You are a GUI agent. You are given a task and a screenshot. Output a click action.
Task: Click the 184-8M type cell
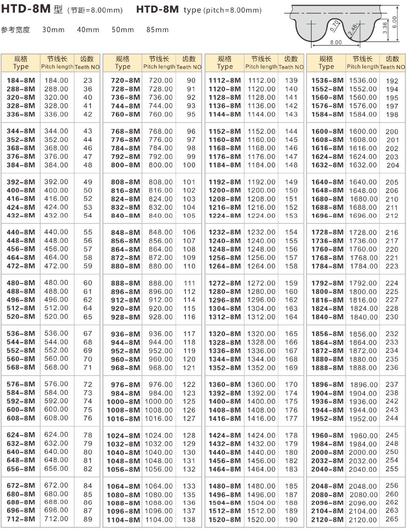(21, 80)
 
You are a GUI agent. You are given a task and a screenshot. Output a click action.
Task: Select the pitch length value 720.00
(161, 80)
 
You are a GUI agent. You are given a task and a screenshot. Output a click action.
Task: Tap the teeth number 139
(291, 80)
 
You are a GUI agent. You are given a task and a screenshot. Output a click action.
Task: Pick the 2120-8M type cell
(327, 520)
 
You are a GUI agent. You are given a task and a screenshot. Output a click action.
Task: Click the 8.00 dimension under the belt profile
(335, 42)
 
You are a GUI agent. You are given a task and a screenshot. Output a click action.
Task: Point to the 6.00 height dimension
(394, 23)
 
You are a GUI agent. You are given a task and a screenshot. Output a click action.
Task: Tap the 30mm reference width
(53, 30)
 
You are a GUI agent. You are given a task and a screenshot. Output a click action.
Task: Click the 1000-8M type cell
(124, 401)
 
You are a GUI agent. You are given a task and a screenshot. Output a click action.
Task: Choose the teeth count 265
(392, 519)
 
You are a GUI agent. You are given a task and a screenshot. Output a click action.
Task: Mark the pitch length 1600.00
(363, 131)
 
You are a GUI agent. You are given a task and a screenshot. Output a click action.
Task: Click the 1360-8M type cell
(225, 385)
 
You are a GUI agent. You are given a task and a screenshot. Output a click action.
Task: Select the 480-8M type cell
(21, 283)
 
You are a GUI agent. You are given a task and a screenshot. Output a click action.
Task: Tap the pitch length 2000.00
(363, 453)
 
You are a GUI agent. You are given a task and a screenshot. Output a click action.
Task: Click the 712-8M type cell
(21, 519)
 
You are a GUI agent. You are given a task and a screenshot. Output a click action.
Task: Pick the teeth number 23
(88, 80)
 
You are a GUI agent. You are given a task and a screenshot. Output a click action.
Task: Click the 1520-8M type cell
(225, 520)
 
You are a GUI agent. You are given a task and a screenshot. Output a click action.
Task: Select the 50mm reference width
(123, 30)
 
